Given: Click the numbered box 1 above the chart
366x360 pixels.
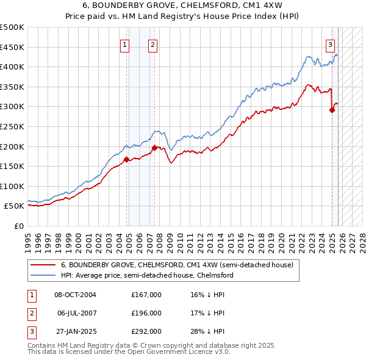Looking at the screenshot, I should click(124, 44).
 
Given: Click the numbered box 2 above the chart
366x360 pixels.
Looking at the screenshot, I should click(152, 44).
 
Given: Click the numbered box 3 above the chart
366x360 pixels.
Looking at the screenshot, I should click(330, 44).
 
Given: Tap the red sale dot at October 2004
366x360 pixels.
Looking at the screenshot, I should click(126, 160).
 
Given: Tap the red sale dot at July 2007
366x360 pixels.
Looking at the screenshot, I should click(154, 148).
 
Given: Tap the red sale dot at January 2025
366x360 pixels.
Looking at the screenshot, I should click(332, 110).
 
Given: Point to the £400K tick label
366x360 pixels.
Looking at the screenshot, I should click(12, 67).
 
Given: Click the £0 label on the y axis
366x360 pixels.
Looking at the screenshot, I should click(19, 226).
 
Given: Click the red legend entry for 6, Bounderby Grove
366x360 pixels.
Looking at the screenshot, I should click(177, 265).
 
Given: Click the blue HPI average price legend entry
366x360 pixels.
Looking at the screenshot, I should click(146, 275).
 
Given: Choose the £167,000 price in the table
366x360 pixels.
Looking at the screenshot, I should click(146, 295).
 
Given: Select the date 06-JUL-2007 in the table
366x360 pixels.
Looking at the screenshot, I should click(76, 313).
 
